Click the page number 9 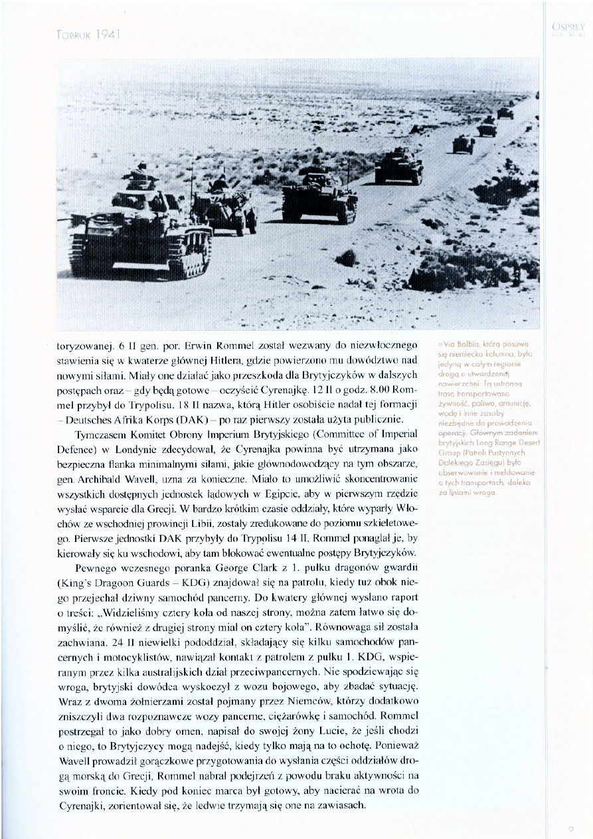click(x=570, y=828)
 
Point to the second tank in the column click(x=319, y=197)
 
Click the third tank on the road click(x=398, y=166)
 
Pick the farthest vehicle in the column click(x=506, y=113)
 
